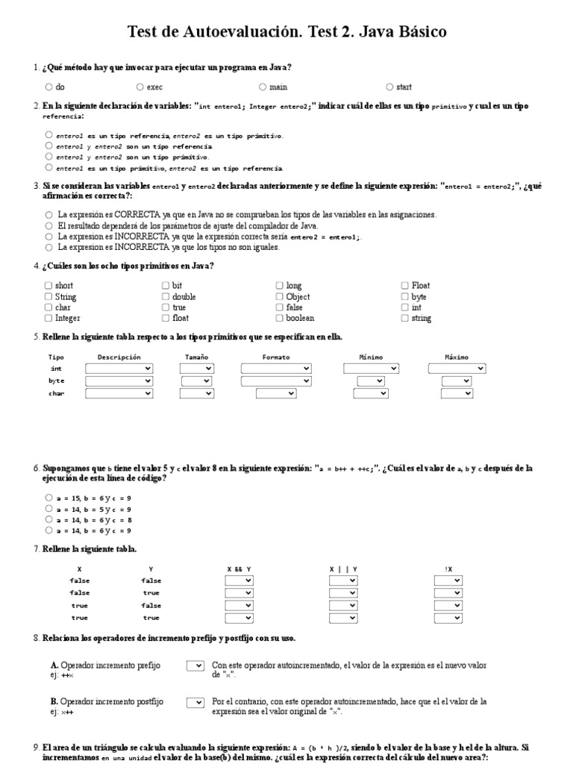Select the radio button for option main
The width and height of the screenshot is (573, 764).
click(263, 87)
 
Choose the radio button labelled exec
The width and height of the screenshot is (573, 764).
click(140, 87)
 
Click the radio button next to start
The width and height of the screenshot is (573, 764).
click(390, 87)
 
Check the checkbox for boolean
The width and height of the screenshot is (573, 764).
click(279, 318)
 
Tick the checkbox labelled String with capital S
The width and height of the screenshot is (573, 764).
click(48, 296)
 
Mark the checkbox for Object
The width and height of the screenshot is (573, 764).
click(279, 296)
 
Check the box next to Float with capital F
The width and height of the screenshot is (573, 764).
click(404, 285)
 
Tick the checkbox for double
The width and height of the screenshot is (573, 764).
click(166, 296)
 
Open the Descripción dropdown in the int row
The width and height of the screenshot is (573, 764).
click(119, 369)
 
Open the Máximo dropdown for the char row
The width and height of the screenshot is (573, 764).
click(457, 393)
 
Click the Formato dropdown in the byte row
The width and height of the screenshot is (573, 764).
click(275, 381)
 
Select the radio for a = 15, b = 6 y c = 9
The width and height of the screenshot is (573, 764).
click(48, 497)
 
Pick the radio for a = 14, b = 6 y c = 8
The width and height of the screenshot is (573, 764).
click(48, 519)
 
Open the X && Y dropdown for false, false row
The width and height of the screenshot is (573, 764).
click(239, 580)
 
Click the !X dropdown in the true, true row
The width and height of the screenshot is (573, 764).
click(457, 617)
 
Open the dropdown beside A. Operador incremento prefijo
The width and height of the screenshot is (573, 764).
click(195, 665)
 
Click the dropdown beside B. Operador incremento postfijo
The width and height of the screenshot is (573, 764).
click(195, 702)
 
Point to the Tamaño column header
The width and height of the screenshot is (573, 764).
click(196, 357)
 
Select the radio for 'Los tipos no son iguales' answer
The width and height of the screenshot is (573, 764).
click(48, 247)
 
